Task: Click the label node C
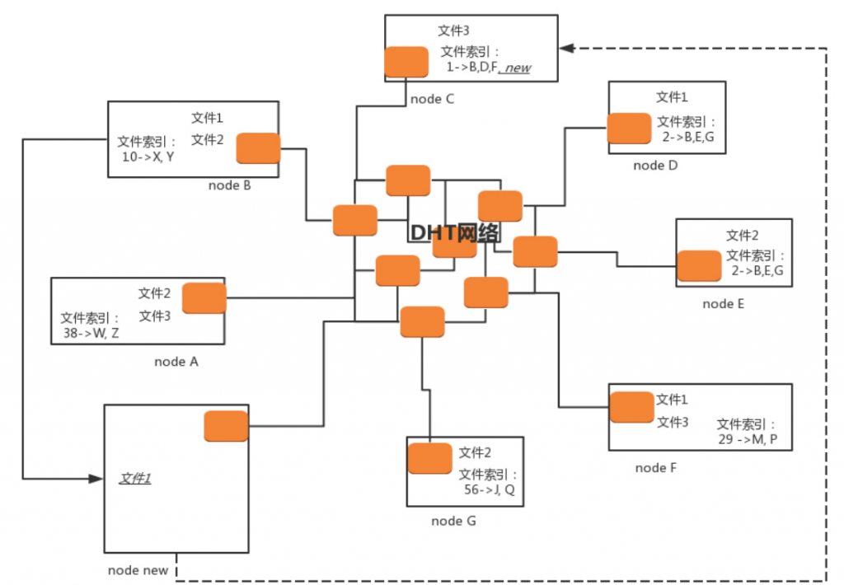432,100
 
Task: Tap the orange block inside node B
258,148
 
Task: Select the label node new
138,570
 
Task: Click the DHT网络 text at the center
454,232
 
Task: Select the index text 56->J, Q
490,489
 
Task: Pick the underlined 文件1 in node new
135,478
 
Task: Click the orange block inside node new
226,426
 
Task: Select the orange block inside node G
430,458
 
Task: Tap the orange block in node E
699,266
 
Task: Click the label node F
656,468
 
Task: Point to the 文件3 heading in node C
453,30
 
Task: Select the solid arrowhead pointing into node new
93,478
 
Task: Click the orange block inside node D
629,128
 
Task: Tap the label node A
176,361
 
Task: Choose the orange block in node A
204,298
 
